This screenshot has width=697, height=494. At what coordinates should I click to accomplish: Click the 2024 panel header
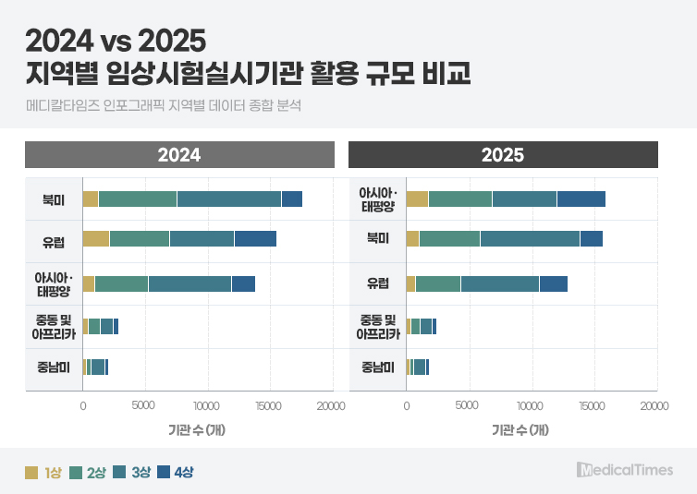click(x=179, y=154)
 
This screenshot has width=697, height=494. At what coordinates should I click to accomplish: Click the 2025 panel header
click(x=503, y=154)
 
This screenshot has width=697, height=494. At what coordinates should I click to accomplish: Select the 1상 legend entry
click(x=43, y=472)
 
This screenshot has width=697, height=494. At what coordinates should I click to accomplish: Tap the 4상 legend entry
click(x=176, y=472)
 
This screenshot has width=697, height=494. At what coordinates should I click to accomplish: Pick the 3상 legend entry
click(x=132, y=472)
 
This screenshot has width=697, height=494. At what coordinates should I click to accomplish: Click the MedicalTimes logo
click(x=625, y=470)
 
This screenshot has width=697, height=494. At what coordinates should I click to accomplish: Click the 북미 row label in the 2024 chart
click(x=54, y=199)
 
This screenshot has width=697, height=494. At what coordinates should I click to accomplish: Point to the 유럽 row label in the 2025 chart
click(x=378, y=283)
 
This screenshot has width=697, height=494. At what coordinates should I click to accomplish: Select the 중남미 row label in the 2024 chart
click(x=54, y=367)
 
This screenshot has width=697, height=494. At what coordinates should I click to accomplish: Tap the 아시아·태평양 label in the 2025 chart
click(x=378, y=199)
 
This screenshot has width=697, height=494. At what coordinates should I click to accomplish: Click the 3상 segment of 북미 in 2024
click(x=229, y=199)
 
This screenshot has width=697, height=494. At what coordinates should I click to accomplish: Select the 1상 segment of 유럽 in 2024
click(x=96, y=239)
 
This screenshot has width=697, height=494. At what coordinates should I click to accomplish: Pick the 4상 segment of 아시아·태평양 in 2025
click(x=581, y=199)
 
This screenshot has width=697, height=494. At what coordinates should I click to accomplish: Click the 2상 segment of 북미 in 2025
click(x=449, y=239)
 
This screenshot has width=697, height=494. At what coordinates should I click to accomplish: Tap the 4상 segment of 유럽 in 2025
click(x=554, y=283)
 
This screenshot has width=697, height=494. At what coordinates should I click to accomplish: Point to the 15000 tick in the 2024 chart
click(x=268, y=405)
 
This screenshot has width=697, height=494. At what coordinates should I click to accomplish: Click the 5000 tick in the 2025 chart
click(x=467, y=405)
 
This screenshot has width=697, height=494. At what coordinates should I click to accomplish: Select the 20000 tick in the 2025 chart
click(x=654, y=405)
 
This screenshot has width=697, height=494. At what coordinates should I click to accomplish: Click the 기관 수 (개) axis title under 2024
click(x=197, y=429)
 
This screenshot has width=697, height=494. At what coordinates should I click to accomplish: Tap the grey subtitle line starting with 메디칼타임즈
click(x=163, y=105)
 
